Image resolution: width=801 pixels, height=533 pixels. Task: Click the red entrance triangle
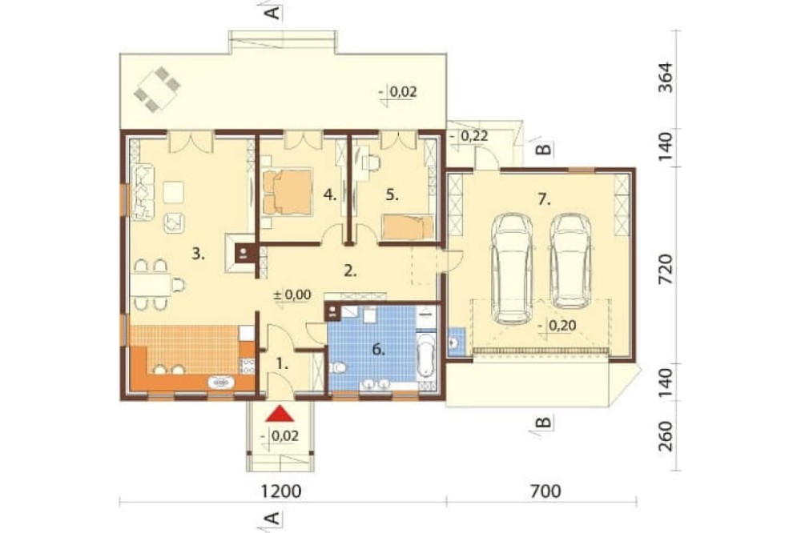point(280,414)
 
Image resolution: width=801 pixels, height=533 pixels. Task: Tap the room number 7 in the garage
point(544,199)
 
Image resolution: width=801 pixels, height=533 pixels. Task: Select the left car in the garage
point(512,269)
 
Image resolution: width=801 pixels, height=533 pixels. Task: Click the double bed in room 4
point(287,192)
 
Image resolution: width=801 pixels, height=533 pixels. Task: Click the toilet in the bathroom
point(338,367)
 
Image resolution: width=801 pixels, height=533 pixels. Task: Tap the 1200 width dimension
point(281,491)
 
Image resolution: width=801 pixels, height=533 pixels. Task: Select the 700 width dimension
point(545,491)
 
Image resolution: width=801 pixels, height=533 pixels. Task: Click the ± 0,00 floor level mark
point(292,295)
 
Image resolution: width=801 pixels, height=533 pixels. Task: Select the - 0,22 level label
point(470,136)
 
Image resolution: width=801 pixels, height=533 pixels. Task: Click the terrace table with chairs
point(158,89)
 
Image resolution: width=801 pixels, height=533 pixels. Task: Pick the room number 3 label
point(198,254)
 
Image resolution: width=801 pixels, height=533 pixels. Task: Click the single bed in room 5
point(408,227)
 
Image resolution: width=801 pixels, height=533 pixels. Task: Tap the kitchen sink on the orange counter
point(221,382)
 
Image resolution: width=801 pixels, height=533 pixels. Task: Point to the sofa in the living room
point(143,192)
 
